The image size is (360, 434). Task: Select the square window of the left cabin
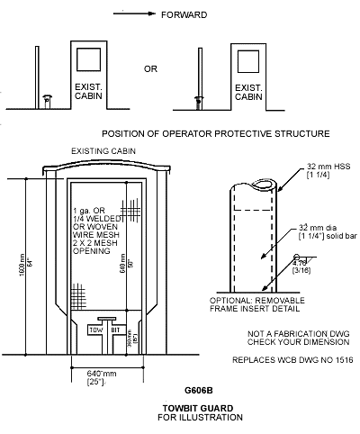click(91, 60)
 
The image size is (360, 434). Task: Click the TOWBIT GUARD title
click(198, 411)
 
